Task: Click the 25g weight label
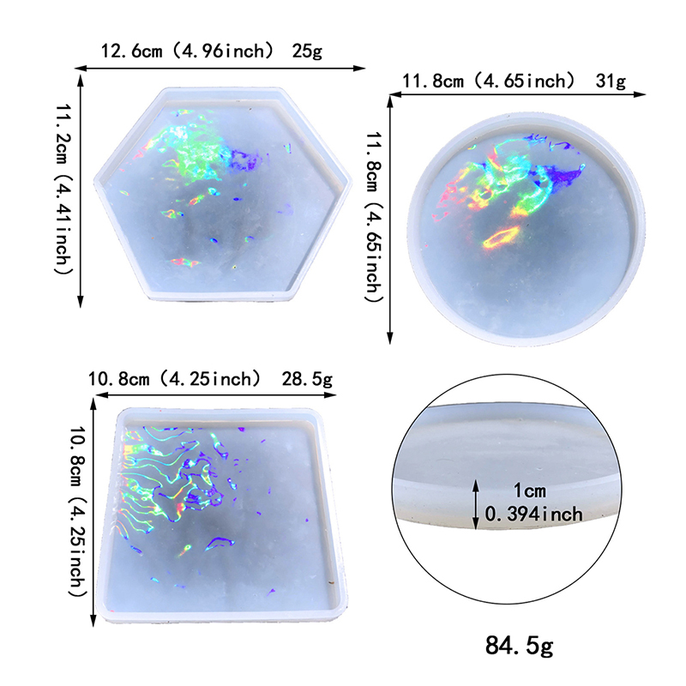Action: pyautogui.click(x=306, y=51)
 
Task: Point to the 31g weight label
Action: pyautogui.click(x=610, y=81)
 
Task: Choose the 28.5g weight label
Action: pyautogui.click(x=307, y=378)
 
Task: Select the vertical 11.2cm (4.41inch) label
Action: pyautogui.click(x=63, y=189)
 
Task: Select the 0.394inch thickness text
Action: pyautogui.click(x=533, y=514)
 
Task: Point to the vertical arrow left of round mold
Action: pyautogui.click(x=391, y=219)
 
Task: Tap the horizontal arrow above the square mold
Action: pyautogui.click(x=214, y=395)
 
